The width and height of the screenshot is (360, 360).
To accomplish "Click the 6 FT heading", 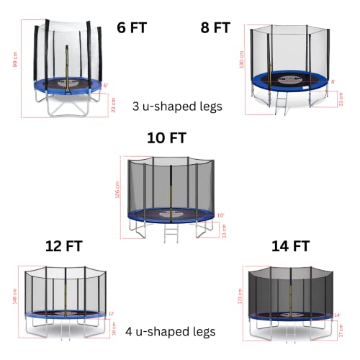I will coord(136,28).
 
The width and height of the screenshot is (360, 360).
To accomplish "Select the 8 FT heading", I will coord(215,28).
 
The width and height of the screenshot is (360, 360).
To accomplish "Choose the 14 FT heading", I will coord(290,246).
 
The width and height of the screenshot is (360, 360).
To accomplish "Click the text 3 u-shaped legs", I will coord(177,105).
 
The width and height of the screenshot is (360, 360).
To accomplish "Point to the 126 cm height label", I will coord(119,191).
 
